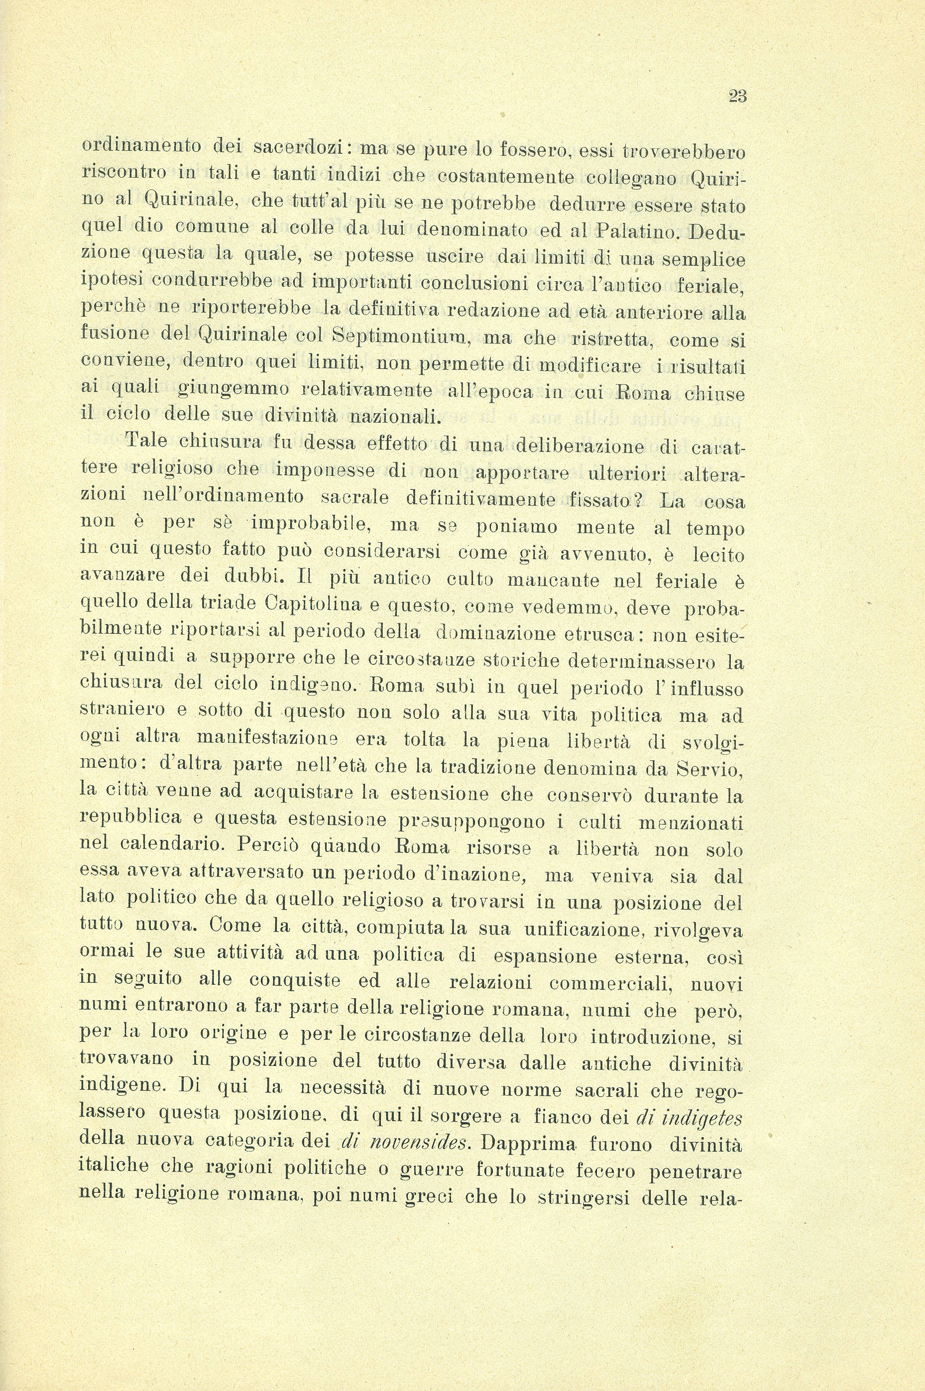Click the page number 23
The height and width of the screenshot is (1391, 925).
point(737,96)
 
